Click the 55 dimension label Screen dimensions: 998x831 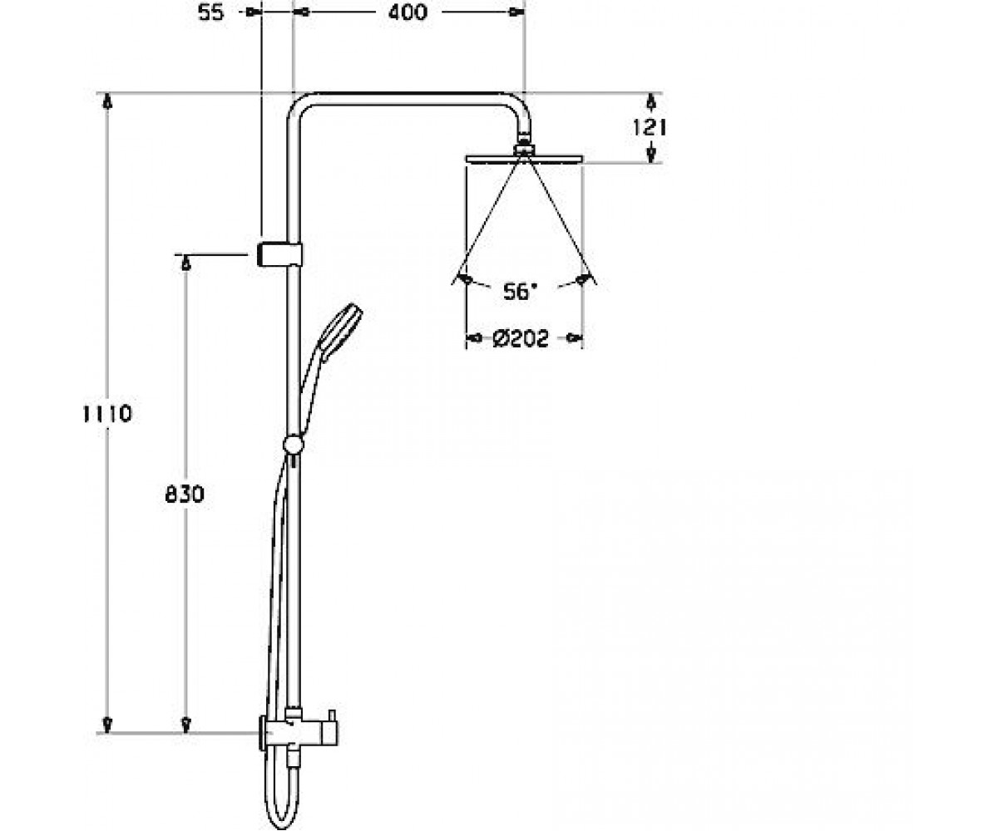[x=210, y=12]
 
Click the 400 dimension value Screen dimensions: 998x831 [x=408, y=12]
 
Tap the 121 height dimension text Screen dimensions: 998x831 [x=650, y=127]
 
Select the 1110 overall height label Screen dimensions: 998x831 [x=107, y=414]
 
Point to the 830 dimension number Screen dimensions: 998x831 [x=185, y=494]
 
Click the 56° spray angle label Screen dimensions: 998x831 [x=520, y=292]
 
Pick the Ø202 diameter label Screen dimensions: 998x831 [x=521, y=339]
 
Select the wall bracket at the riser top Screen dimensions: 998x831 [x=279, y=254]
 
